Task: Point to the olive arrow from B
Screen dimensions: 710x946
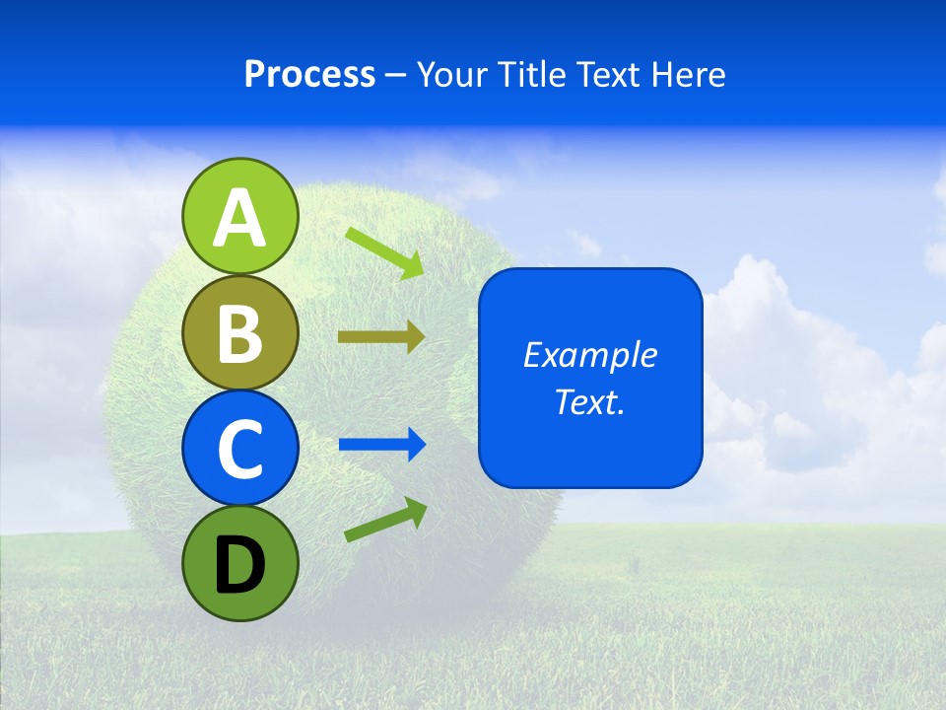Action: (380, 337)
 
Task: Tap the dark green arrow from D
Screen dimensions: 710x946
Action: (385, 520)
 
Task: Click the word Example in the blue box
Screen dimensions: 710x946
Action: (589, 355)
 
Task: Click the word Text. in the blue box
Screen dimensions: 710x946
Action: (589, 401)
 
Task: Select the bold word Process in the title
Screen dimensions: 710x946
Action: (309, 74)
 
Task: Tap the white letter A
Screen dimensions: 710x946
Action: (239, 218)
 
